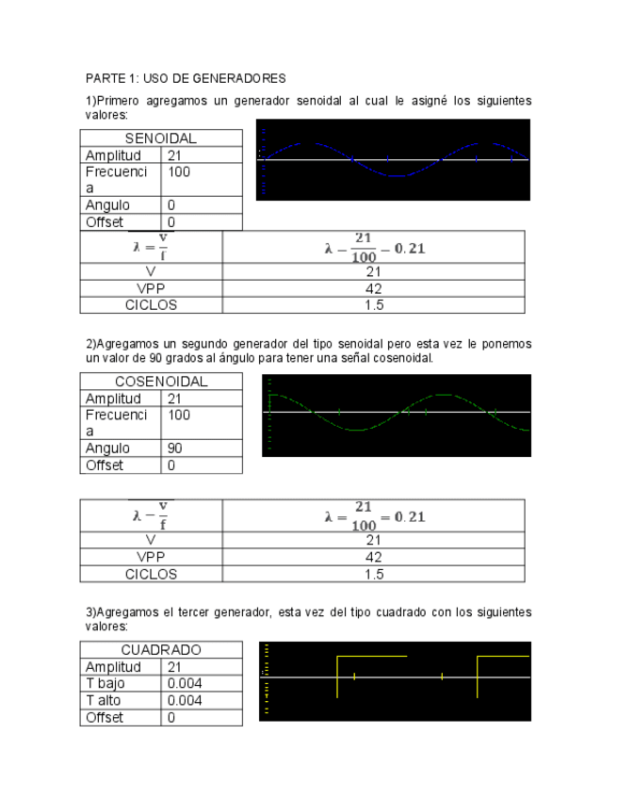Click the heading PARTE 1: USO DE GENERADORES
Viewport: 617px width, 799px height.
[x=186, y=77]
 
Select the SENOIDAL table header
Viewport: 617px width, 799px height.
[x=161, y=139]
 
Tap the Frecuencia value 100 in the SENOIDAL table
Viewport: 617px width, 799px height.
[x=178, y=172]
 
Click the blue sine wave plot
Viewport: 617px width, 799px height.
[x=393, y=159]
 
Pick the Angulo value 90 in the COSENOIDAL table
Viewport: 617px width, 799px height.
[x=175, y=448]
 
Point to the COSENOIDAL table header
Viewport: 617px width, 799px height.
[x=161, y=382]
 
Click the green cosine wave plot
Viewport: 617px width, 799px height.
[x=396, y=415]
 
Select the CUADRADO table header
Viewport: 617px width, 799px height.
[x=161, y=650]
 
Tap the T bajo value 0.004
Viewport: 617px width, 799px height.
[x=184, y=683]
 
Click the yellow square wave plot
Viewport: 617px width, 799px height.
[x=395, y=681]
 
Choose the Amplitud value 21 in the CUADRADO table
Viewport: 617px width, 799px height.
[x=174, y=666]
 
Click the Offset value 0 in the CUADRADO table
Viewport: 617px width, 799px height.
[x=171, y=717]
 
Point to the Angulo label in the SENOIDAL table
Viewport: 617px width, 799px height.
[x=107, y=205]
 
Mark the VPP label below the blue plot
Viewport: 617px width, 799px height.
[x=151, y=288]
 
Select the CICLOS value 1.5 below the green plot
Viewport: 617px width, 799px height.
[x=374, y=574]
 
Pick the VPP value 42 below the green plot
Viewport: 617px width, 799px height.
[x=374, y=557]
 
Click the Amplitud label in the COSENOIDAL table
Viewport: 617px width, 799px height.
[x=113, y=399]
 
